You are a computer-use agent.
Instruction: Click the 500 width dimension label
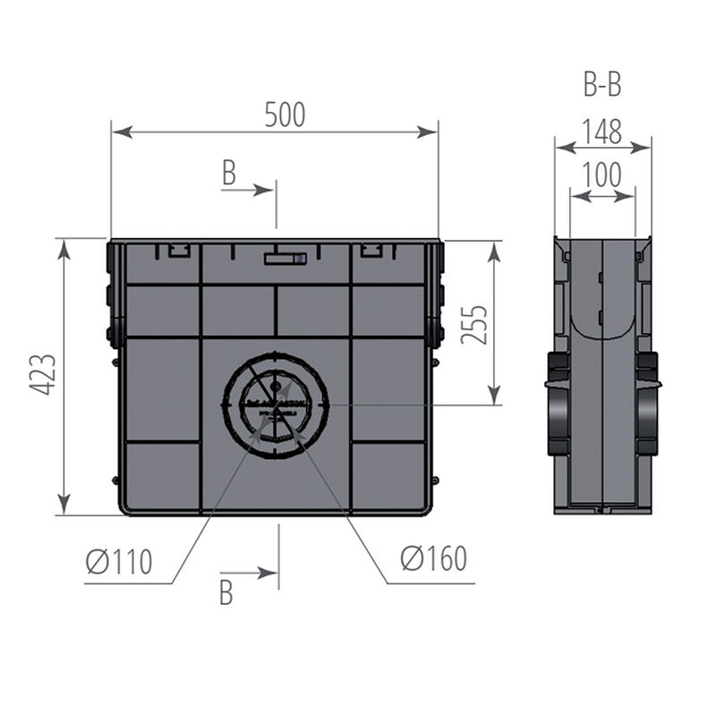pos(285,115)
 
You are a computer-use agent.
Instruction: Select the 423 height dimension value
pos(43,374)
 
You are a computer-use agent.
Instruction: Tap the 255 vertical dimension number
pos(474,325)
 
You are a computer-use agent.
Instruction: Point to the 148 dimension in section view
pos(602,131)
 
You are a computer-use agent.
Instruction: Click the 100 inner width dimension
pos(602,175)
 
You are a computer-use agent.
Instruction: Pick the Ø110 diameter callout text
pos(119,561)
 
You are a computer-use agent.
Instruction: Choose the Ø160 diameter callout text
pos(434,558)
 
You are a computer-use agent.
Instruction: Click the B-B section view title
pos(602,84)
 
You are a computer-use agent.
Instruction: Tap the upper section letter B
pos(229,173)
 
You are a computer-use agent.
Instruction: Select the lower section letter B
pos(226,592)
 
